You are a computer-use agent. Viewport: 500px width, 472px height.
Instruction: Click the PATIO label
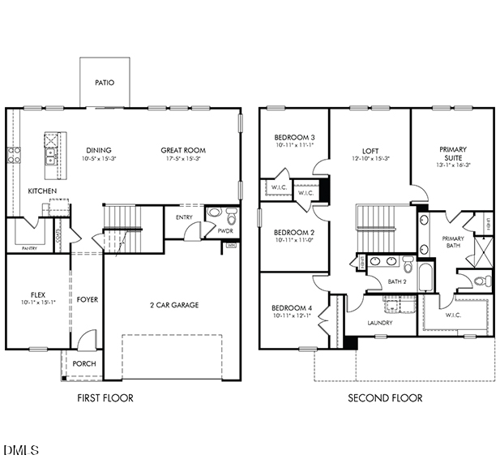[x=105, y=83]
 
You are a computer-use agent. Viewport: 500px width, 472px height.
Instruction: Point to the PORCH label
[x=84, y=364]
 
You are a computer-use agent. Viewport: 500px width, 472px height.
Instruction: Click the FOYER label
[x=88, y=300]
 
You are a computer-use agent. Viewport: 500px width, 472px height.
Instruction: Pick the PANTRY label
[x=29, y=248]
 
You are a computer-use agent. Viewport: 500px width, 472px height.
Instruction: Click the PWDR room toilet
[x=231, y=217]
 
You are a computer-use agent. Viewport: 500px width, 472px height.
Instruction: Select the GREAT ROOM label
[x=183, y=150]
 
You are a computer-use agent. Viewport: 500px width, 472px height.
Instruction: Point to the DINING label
[x=99, y=150]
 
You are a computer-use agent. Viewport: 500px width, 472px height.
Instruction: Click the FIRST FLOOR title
[x=105, y=398]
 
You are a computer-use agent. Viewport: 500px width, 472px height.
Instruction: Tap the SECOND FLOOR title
[x=385, y=398]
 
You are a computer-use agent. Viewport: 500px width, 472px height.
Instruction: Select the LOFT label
[x=370, y=151]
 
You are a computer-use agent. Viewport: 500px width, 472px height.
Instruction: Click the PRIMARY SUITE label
[x=453, y=154]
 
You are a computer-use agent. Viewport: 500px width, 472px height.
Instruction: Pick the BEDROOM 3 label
[x=294, y=137]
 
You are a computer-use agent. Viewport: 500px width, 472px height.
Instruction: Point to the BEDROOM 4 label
[x=293, y=308]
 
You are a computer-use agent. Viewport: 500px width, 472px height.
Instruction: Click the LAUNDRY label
[x=380, y=323]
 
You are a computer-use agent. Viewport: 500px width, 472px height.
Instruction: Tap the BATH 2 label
[x=397, y=281]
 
